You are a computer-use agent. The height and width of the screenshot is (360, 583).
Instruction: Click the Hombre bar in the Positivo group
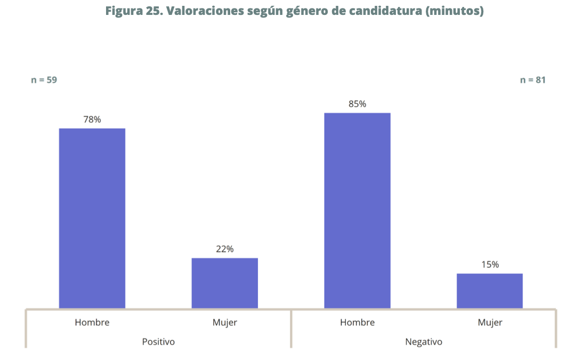pos(92,218)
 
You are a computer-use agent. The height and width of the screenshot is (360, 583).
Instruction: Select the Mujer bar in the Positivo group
pos(224,283)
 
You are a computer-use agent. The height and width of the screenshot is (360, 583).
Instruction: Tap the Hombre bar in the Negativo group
pos(357,210)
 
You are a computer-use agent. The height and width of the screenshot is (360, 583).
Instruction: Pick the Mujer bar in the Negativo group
pos(489,291)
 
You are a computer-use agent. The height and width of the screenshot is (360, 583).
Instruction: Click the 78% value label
pos(92,119)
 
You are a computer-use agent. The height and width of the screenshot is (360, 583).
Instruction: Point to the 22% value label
pos(224,249)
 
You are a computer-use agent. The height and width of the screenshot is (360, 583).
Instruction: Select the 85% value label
pos(357,104)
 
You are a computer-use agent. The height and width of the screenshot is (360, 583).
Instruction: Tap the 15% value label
pos(490,264)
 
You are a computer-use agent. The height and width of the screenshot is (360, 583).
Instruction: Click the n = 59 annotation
pos(44,80)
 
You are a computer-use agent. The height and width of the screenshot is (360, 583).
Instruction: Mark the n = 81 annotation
pos(532,80)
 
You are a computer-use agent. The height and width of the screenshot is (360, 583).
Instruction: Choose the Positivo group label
pos(158,341)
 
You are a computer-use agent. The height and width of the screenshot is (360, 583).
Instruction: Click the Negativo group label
pos(424,341)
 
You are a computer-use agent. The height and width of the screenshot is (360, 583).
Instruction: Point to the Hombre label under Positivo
pos(92,322)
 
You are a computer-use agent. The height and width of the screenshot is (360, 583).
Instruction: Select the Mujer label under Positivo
pos(224,322)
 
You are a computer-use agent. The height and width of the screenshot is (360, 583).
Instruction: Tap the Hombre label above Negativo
pos(357,322)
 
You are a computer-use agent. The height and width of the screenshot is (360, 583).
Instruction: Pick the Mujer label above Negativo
pos(490,322)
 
